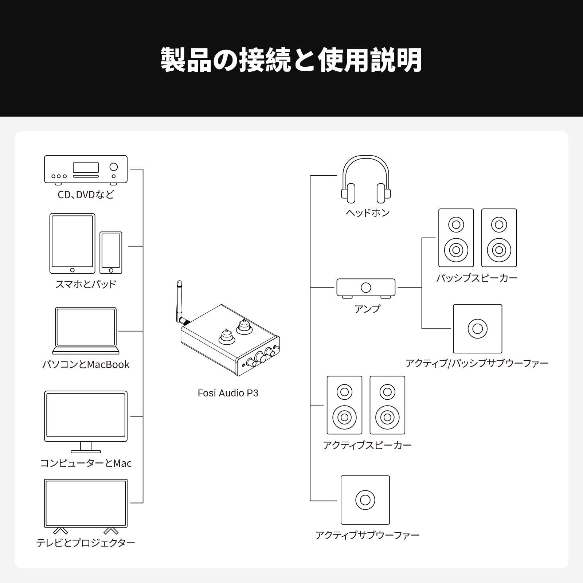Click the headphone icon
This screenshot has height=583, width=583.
coord(366,179)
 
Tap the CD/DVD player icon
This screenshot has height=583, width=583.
coord(86,169)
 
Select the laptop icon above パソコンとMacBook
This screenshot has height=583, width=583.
coord(86,330)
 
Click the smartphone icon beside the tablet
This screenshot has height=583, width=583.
coord(111,253)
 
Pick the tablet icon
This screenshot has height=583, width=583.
coord(72,243)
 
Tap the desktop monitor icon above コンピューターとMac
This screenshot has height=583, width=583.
coord(86,421)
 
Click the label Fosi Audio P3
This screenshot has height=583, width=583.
coord(228,393)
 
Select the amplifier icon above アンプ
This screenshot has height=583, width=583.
coord(366,288)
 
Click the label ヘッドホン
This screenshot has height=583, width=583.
coord(368,213)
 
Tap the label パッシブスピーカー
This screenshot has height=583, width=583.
coord(477,278)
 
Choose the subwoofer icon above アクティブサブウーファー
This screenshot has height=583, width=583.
coord(365,500)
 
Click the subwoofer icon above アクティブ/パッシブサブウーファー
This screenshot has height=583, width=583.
coord(477,329)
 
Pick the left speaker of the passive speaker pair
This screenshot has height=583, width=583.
coord(456,238)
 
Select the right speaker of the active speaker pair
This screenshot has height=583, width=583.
coord(387,405)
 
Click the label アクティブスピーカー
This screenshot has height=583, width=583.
coord(367,445)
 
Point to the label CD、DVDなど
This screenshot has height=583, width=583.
coord(86,195)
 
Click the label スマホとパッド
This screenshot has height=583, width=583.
coord(86,284)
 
